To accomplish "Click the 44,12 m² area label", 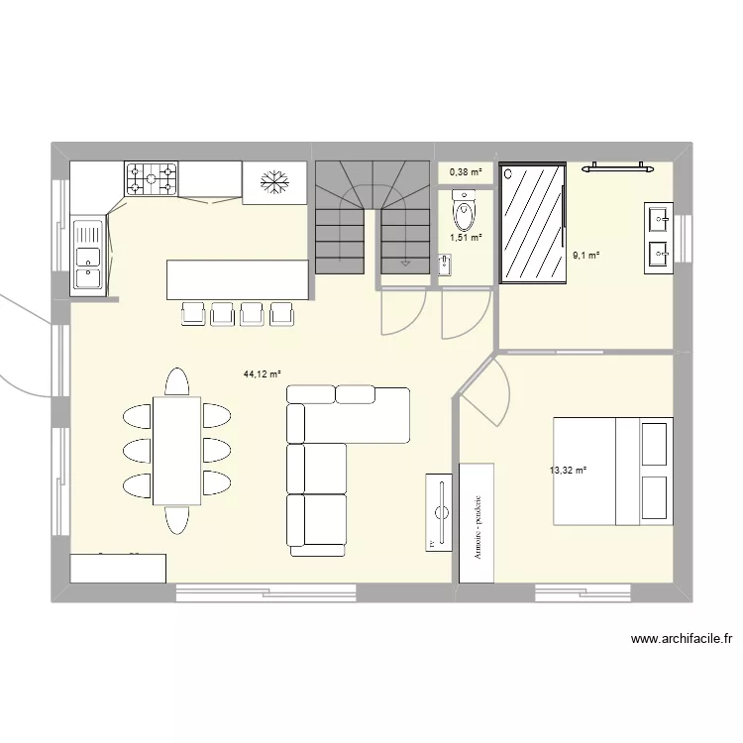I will tap(263, 374).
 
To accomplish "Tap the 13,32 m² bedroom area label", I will tap(569, 471).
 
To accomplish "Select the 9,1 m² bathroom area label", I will tap(585, 256).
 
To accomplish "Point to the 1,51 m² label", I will tap(466, 237).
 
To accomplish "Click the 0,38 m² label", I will tap(466, 172).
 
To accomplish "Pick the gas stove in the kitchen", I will tap(151, 179).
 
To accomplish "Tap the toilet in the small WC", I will tap(462, 210).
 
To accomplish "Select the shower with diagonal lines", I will tap(533, 222).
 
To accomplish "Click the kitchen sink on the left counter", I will tap(88, 256).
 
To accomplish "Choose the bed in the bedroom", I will tap(612, 471).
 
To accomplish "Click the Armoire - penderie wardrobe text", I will tap(477, 528).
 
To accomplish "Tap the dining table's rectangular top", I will tap(177, 451).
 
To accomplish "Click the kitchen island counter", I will tap(238, 279).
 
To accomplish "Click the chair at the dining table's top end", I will tap(177, 382).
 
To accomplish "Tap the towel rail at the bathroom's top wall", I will tap(617, 168).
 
